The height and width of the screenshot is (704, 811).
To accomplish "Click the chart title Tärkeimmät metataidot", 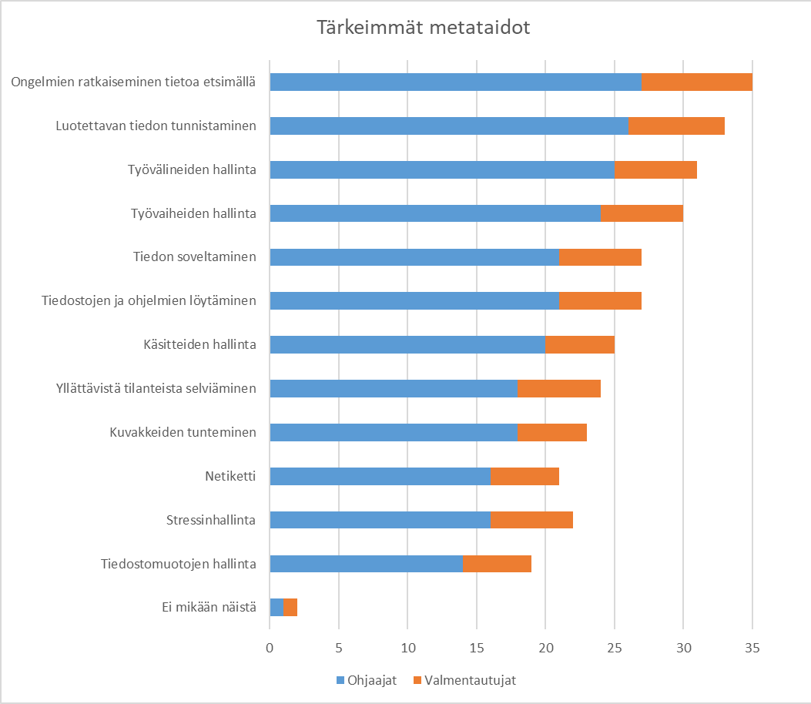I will coord(424,28).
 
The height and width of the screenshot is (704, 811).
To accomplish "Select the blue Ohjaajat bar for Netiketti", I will coord(380,477).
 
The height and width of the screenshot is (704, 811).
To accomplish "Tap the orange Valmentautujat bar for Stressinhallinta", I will coord(531,521).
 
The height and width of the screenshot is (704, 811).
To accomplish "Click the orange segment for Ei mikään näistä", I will coord(290,608).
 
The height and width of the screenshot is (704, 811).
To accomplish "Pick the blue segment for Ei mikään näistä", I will coord(276,608).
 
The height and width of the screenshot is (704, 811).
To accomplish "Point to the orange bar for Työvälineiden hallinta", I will coord(655,169).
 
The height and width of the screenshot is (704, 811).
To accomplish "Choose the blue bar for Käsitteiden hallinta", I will coord(407,345).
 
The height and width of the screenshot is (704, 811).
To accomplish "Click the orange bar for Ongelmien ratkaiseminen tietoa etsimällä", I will coord(697,82).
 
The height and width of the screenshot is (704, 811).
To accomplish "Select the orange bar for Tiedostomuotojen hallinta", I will coord(497,564).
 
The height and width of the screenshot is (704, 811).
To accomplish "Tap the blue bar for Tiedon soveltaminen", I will coord(414,257).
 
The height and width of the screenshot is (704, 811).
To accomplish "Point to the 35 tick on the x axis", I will coord(752,649).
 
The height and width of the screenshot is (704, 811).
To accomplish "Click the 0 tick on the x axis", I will coord(270,649).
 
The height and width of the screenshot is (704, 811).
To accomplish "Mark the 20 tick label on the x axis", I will coord(545,649).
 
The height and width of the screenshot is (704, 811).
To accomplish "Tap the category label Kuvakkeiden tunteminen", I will coord(183,432).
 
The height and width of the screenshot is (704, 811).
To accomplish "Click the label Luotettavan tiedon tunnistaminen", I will coord(156,126).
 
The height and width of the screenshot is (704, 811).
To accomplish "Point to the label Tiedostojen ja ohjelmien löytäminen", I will coord(149,300).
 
